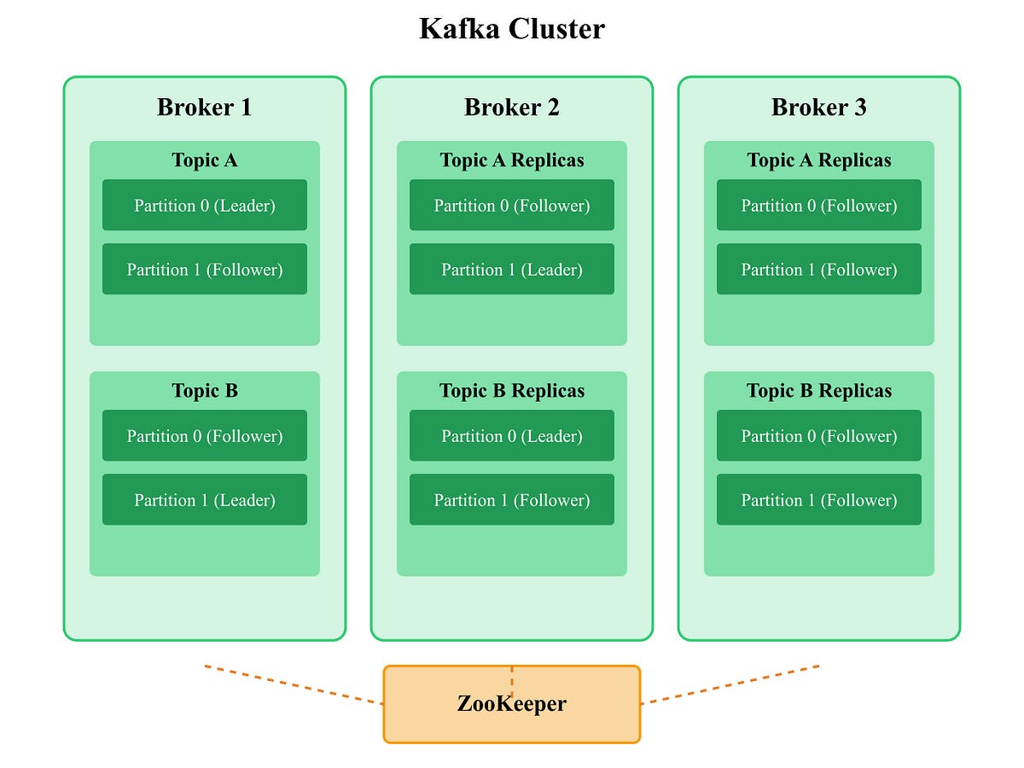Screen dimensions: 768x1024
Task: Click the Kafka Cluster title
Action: pyautogui.click(x=511, y=29)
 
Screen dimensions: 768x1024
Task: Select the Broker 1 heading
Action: pyautogui.click(x=205, y=108)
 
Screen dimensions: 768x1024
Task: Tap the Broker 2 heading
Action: pyautogui.click(x=512, y=108)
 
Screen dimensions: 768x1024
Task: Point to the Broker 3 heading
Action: pyautogui.click(x=819, y=108)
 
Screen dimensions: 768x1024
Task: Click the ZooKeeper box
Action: pyautogui.click(x=512, y=705)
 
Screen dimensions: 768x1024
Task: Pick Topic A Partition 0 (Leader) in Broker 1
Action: pyautogui.click(x=205, y=206)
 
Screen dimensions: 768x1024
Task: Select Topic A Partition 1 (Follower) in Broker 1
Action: pyautogui.click(x=205, y=270)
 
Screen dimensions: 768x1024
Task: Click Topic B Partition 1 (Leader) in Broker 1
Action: pyautogui.click(x=205, y=500)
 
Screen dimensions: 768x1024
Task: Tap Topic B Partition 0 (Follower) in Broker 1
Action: pyautogui.click(x=205, y=436)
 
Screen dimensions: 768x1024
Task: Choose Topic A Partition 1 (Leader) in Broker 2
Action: pyautogui.click(x=512, y=270)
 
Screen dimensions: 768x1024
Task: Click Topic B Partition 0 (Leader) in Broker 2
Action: pyautogui.click(x=512, y=436)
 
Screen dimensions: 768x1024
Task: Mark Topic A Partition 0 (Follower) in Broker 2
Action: pyautogui.click(x=512, y=206)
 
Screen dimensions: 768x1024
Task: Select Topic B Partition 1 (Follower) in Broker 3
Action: pyautogui.click(x=819, y=500)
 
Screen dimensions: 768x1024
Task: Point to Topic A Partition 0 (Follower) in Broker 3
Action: pyautogui.click(x=819, y=206)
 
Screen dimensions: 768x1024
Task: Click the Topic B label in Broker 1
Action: pyautogui.click(x=205, y=391)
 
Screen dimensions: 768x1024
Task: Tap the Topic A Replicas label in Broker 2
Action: pyautogui.click(x=512, y=160)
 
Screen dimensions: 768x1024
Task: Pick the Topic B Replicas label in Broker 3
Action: pyautogui.click(x=819, y=391)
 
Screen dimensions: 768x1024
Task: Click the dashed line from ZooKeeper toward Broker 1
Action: pyautogui.click(x=294, y=684)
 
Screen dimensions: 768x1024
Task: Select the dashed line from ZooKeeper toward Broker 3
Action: pyautogui.click(x=730, y=684)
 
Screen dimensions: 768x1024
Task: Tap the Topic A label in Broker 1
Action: pyautogui.click(x=205, y=160)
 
